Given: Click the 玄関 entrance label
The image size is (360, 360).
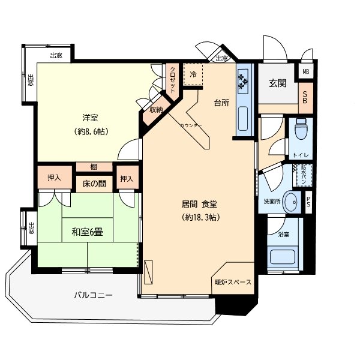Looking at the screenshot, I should (277, 83).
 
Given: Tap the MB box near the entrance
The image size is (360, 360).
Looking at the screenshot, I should (306, 72).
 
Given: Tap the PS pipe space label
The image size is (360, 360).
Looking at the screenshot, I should (308, 202).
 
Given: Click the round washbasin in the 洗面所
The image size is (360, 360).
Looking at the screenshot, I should (292, 203).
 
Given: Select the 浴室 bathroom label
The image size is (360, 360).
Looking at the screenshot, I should (283, 234).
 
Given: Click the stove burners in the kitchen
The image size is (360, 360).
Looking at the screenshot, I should (244, 79).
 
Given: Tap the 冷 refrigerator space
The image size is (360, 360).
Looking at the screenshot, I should (193, 74).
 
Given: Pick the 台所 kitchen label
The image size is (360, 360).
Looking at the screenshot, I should (221, 103).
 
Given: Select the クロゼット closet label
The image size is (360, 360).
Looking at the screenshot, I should (173, 78).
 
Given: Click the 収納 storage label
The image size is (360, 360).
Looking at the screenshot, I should (155, 110).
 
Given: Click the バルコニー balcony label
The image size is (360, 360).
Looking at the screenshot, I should (93, 295).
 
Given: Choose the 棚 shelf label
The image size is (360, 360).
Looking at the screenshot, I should (94, 167).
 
